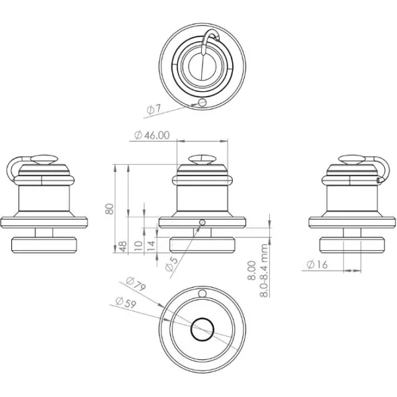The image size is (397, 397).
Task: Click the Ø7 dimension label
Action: (x=154, y=109)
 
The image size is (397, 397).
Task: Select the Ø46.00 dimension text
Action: (x=152, y=135)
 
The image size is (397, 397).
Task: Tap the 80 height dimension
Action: (x=110, y=209)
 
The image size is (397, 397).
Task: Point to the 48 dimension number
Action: (x=123, y=246)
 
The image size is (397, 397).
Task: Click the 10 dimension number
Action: (x=138, y=245)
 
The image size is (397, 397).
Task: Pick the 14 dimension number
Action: (x=151, y=245)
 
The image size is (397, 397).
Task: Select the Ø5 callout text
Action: (x=173, y=263)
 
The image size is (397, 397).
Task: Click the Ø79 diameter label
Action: (x=136, y=284)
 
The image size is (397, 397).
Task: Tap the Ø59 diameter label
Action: (x=126, y=302)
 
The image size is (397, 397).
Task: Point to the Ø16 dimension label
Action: (x=317, y=265)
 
